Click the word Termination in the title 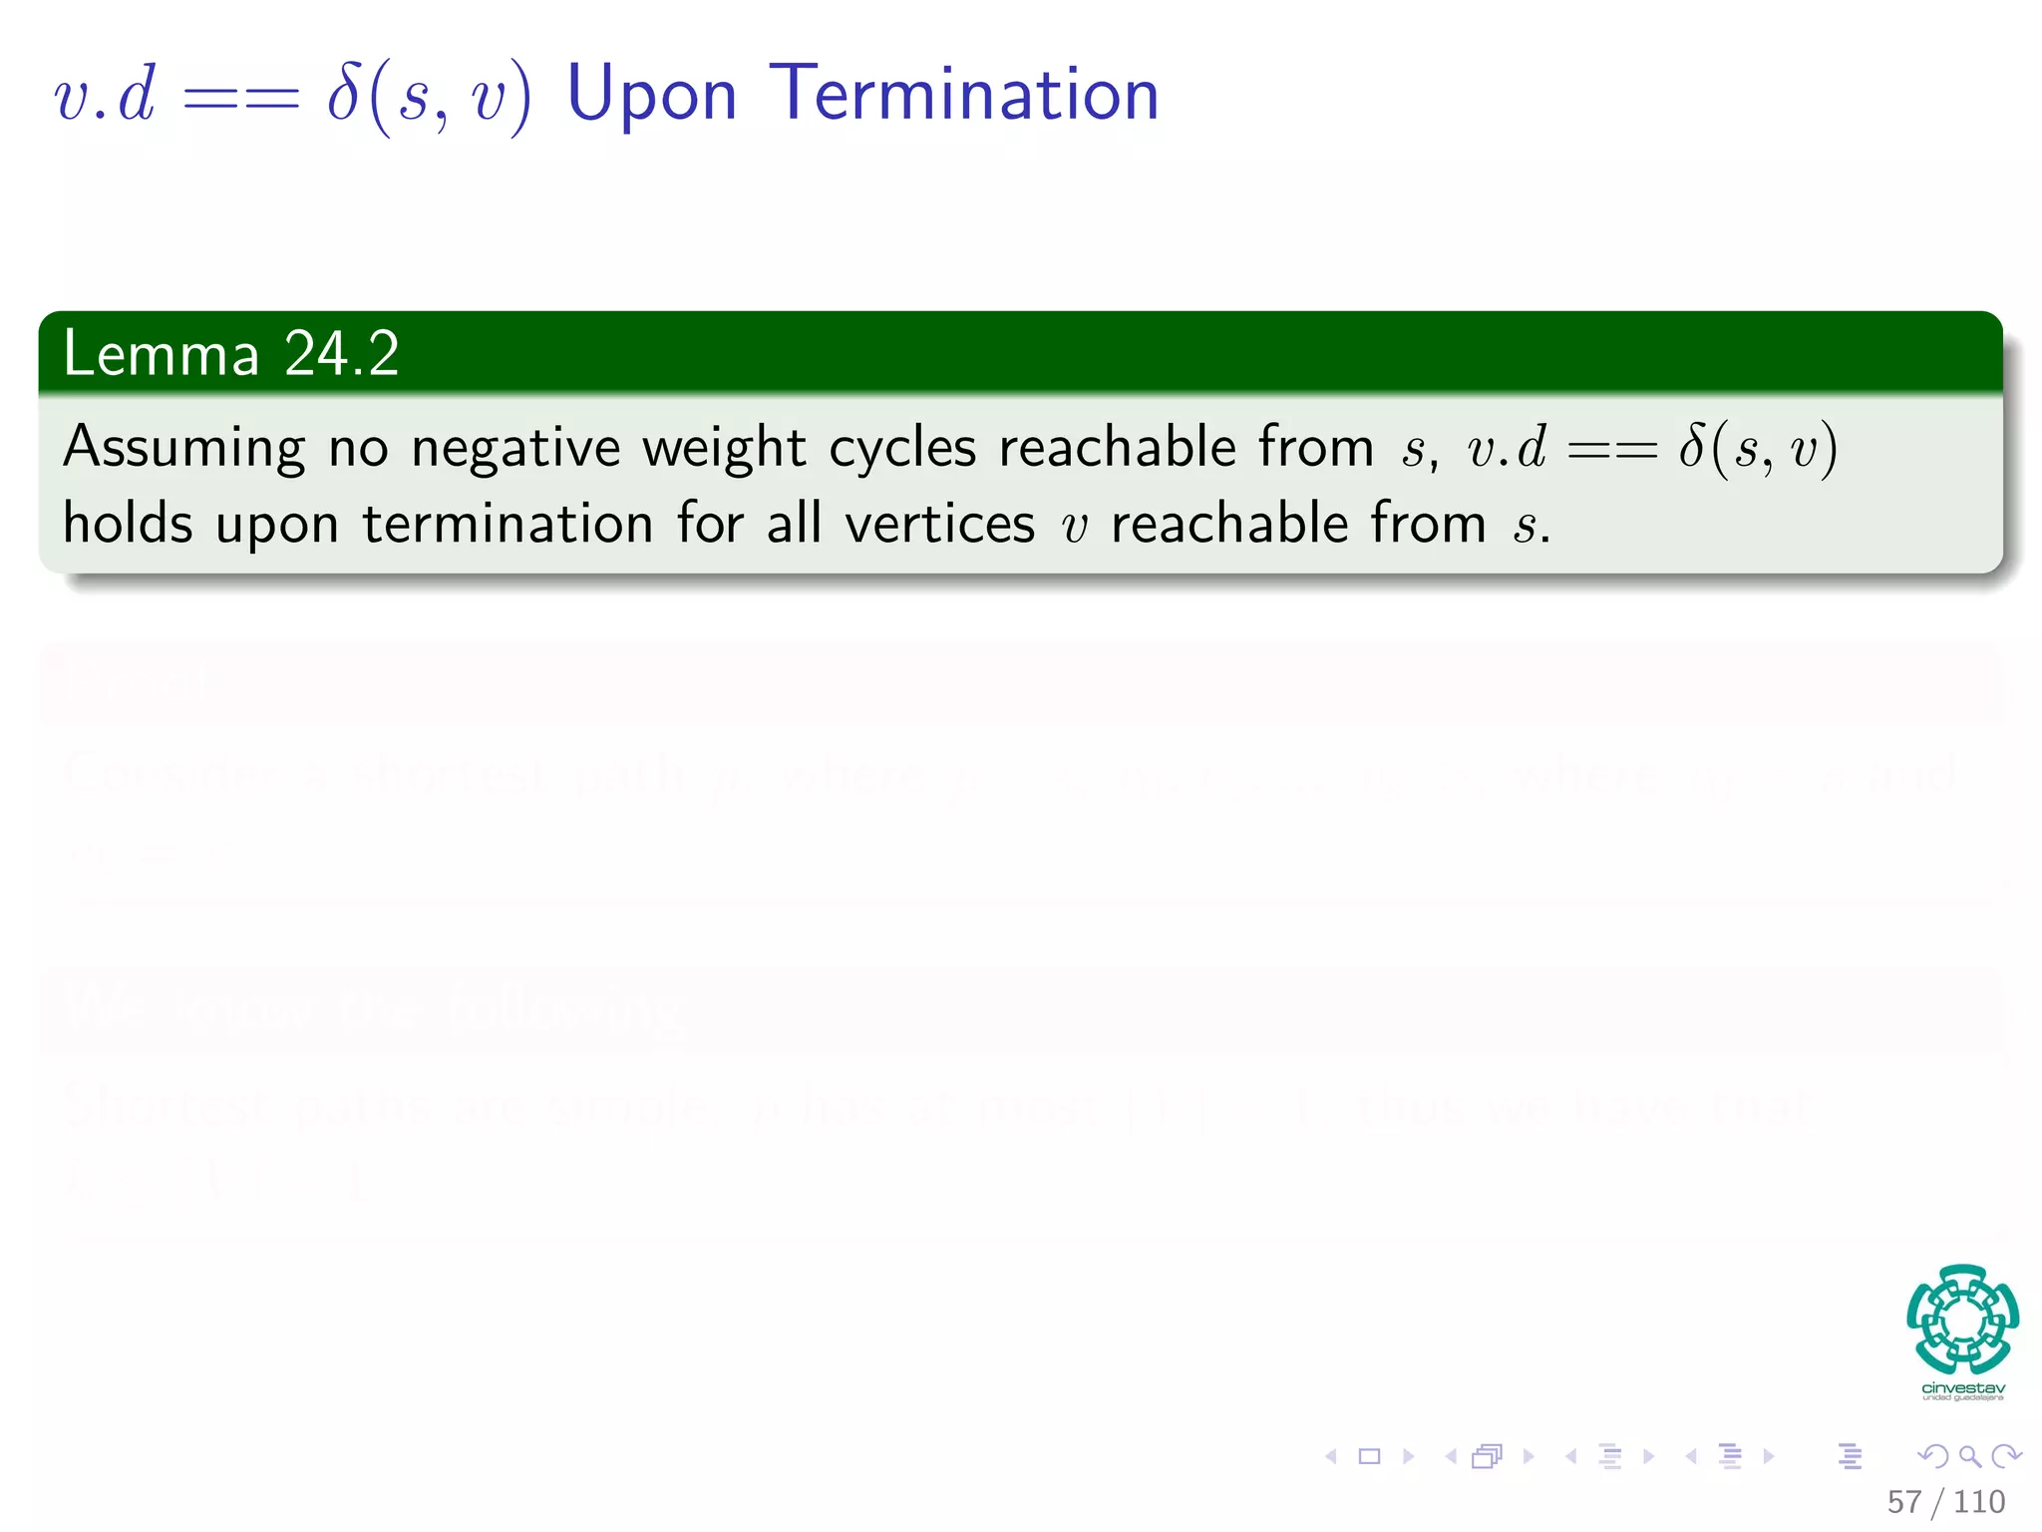(965, 94)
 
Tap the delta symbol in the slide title (344, 94)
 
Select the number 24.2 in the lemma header (341, 353)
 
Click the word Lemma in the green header (161, 353)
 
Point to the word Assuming (184, 449)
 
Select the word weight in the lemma (724, 449)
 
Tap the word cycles (902, 449)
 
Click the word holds (128, 523)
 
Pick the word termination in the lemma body (508, 523)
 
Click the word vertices (940, 523)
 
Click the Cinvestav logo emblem (1962, 1319)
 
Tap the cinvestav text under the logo (1962, 1388)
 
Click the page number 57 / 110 (1945, 1502)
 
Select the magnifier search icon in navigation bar (1969, 1456)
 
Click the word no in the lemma (358, 449)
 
